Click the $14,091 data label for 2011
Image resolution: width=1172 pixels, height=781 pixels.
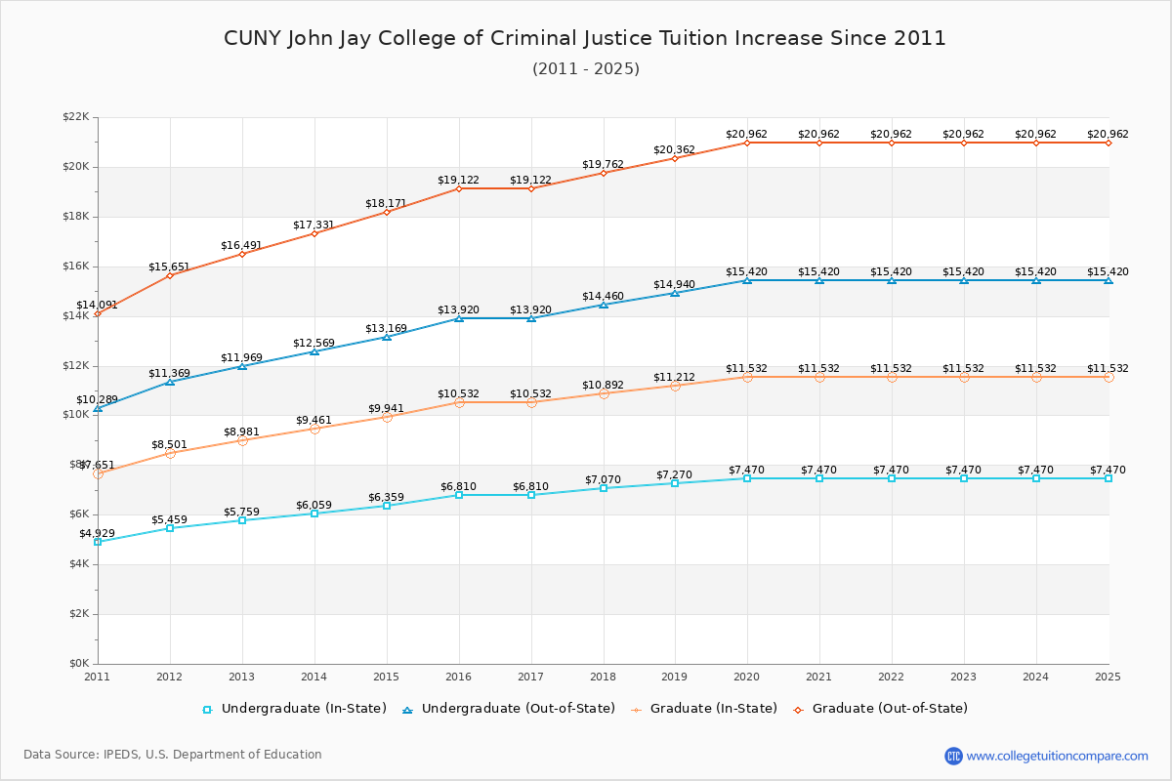click(98, 306)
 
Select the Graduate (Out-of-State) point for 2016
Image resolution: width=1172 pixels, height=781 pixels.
click(459, 188)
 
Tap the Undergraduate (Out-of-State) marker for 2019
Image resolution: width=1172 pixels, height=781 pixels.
click(675, 293)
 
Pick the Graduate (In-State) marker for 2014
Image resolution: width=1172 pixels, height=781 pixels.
click(314, 429)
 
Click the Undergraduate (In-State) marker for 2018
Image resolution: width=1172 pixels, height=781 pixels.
click(604, 488)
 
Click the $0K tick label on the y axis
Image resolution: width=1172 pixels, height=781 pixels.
click(78, 664)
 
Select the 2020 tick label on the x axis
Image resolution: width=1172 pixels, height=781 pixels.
click(747, 677)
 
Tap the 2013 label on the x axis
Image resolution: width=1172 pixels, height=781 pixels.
click(242, 677)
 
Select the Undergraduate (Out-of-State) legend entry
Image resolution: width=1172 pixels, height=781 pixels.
click(509, 709)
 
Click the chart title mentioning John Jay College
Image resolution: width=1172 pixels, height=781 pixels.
click(585, 39)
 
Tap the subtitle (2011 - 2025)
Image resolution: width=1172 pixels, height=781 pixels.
click(586, 69)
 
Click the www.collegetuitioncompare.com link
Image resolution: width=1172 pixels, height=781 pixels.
click(1057, 756)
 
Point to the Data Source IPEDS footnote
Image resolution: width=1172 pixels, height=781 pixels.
click(173, 755)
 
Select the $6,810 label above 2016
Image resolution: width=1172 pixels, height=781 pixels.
click(459, 486)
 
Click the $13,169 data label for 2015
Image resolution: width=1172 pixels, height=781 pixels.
click(387, 328)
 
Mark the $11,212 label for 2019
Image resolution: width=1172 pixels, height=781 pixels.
click(675, 377)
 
